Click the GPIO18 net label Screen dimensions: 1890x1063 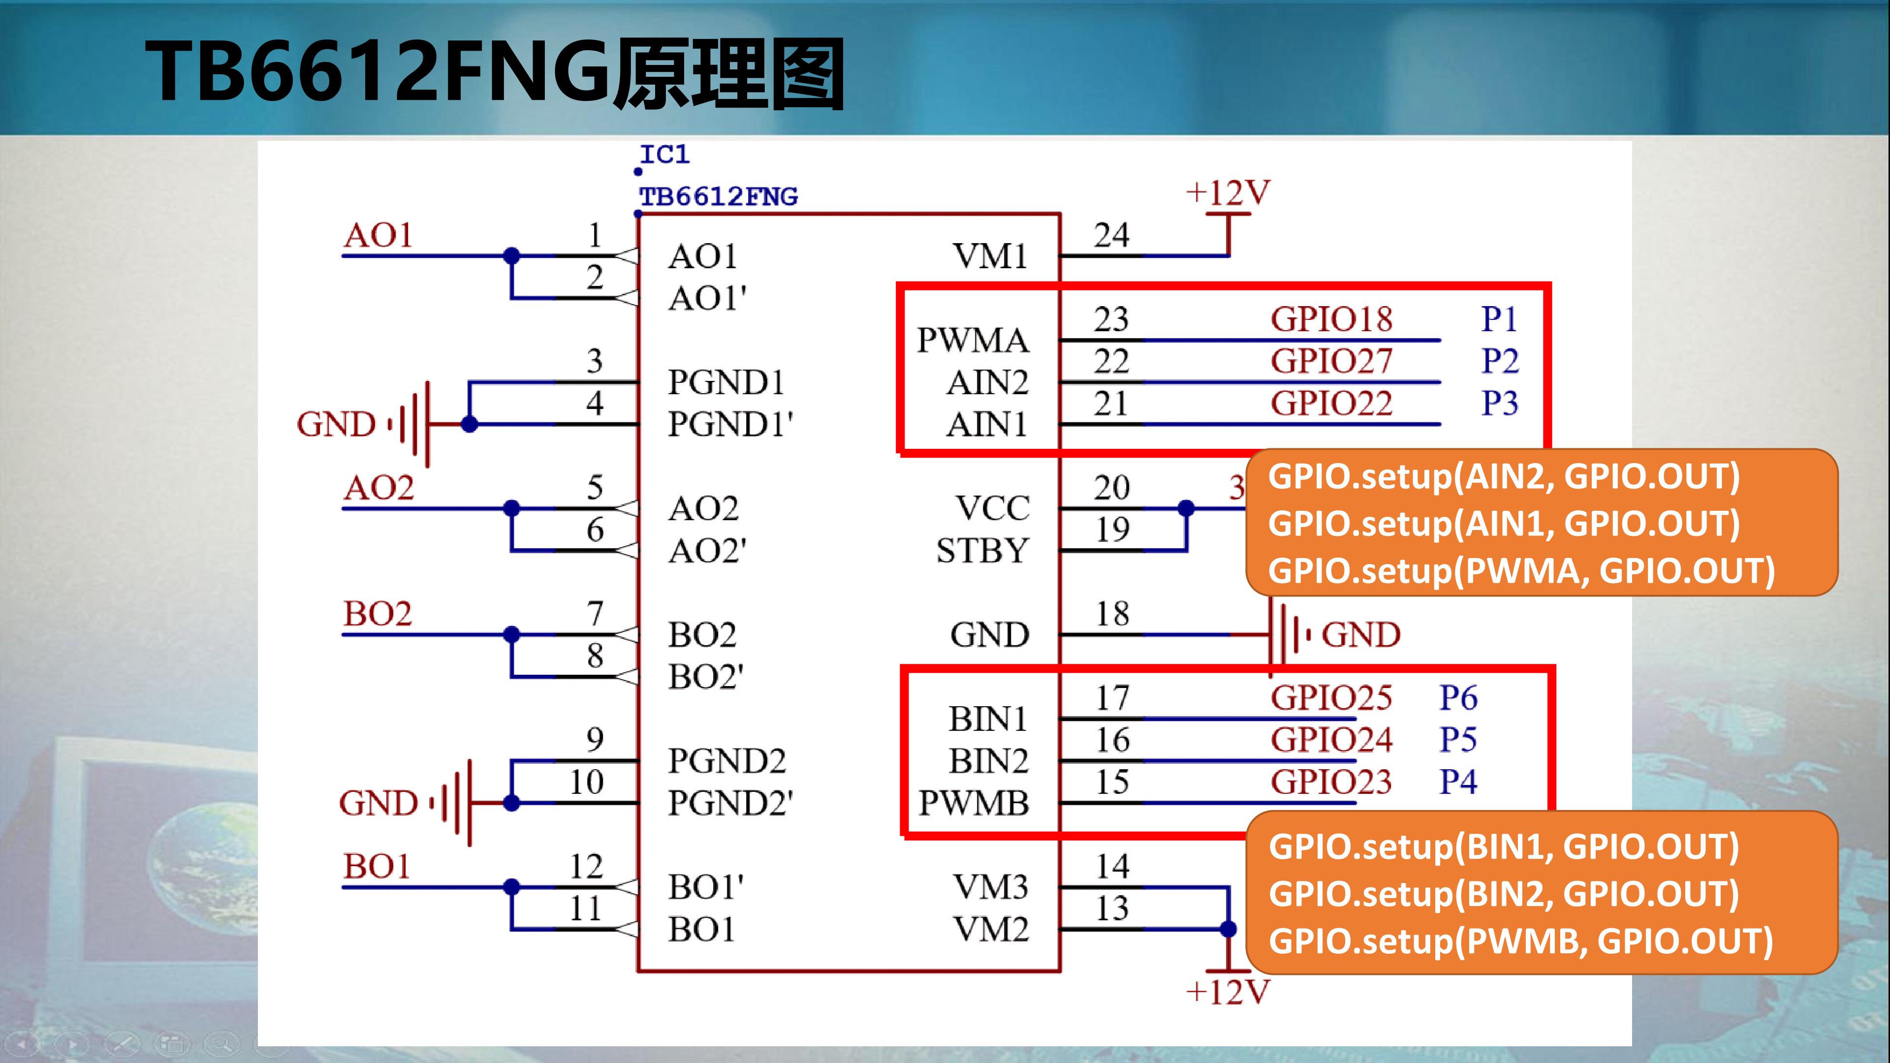click(x=1331, y=319)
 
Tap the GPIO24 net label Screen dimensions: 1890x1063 click(x=1331, y=740)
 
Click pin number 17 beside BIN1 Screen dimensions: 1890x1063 click(x=1112, y=698)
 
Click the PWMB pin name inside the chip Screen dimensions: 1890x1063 click(x=974, y=803)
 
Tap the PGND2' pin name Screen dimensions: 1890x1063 click(x=730, y=803)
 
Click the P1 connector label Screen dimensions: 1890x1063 click(x=1499, y=319)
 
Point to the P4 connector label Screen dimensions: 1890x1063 click(x=1458, y=782)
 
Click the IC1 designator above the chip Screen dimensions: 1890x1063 click(x=664, y=155)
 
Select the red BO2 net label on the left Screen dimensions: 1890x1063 click(x=378, y=613)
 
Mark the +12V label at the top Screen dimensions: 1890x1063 click(x=1228, y=193)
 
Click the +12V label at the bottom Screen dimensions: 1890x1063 click(x=1228, y=992)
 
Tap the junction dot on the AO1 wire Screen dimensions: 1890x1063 click(x=511, y=256)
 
